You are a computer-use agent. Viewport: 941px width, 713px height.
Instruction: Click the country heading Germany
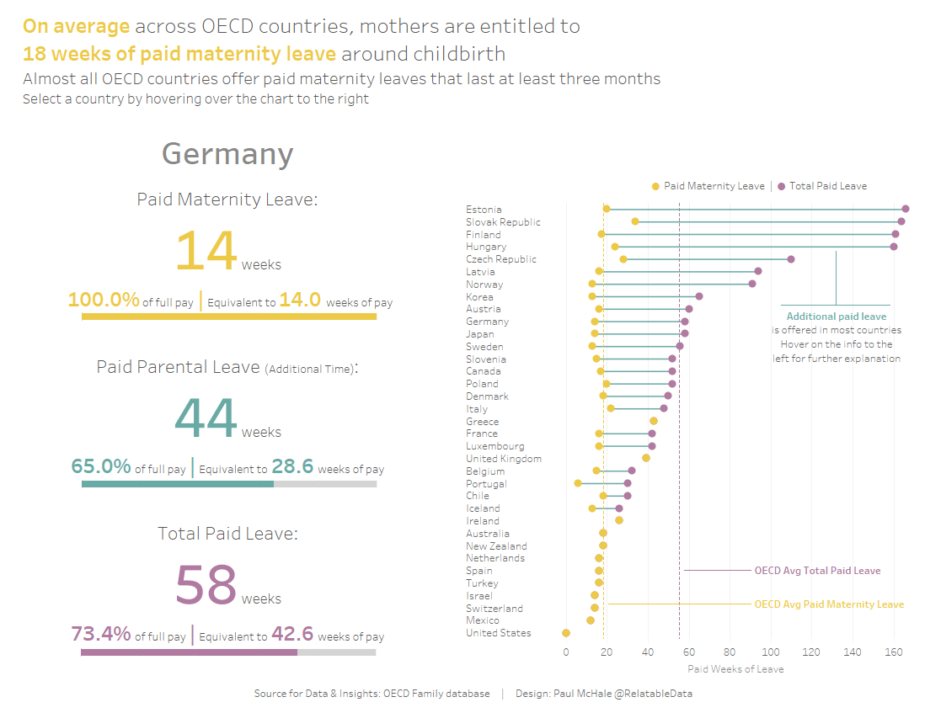coord(227,154)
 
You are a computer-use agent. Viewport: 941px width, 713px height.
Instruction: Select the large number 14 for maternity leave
coord(206,250)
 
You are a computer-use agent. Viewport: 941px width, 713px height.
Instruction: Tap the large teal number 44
coord(206,418)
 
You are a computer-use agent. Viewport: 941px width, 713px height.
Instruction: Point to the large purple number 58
coord(206,585)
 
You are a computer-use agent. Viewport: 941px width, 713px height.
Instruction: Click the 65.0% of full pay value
coord(101,467)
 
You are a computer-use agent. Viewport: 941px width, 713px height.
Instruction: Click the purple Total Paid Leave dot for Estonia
coord(906,209)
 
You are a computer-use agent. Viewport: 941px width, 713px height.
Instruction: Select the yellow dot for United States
coord(566,633)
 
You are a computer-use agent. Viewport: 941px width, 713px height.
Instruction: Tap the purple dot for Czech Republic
coord(791,259)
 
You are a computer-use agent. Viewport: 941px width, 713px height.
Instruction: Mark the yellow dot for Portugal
coord(578,483)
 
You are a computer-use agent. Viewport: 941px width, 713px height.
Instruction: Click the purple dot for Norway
coord(752,284)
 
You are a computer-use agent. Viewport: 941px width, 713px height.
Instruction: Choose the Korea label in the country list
coord(479,297)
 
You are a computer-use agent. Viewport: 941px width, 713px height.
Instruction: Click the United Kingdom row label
coord(504,459)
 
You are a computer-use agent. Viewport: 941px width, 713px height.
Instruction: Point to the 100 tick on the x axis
coord(771,652)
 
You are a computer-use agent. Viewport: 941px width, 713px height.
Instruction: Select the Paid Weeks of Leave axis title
coord(735,669)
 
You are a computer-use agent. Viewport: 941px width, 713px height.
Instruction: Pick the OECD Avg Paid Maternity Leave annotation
coord(828,604)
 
